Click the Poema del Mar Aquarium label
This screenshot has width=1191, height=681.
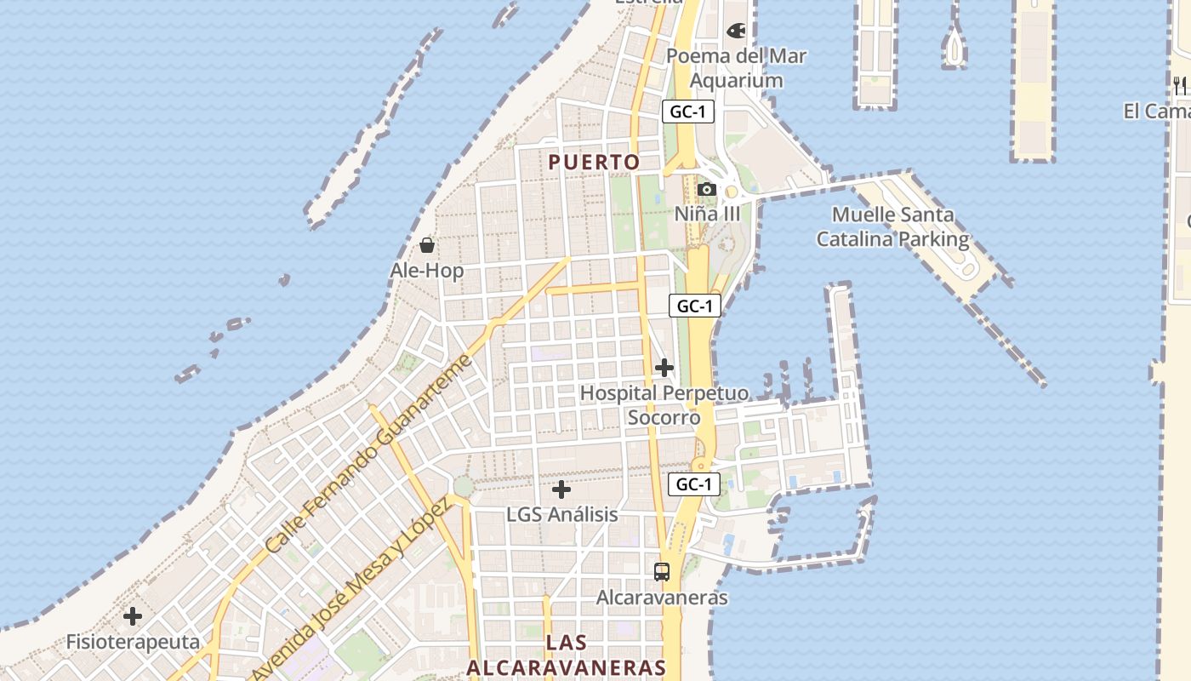tap(736, 68)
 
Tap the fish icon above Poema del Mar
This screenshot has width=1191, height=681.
tap(736, 31)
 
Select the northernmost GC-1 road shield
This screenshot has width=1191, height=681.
tap(687, 112)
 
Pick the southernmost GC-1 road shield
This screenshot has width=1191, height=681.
tap(694, 484)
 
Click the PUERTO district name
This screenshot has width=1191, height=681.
tap(594, 162)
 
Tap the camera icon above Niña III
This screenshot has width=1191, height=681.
tap(706, 189)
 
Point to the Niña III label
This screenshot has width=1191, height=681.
tap(707, 214)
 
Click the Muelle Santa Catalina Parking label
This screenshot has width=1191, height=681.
tap(892, 227)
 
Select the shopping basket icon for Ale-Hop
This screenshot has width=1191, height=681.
tap(427, 245)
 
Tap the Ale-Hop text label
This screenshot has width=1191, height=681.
tap(427, 271)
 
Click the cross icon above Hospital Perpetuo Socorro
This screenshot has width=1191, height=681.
tap(664, 368)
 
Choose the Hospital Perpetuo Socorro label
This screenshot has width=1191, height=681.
tap(664, 405)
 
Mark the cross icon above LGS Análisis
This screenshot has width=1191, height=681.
tap(561, 489)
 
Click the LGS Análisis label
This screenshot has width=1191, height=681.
tap(561, 515)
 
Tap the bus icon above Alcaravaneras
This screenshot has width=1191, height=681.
tap(662, 572)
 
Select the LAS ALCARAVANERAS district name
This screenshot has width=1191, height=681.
tap(567, 655)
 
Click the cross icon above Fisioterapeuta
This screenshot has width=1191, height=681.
tap(133, 616)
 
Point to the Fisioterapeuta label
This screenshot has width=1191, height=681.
tap(133, 642)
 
